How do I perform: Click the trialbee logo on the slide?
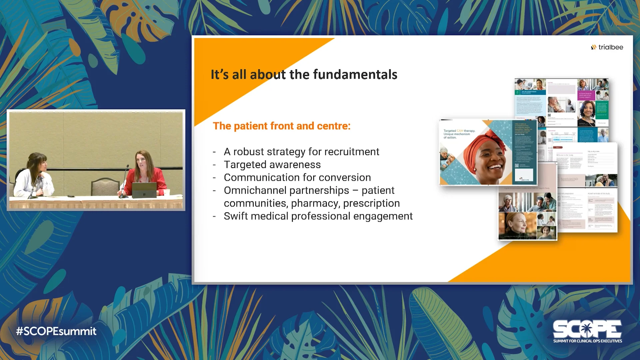point(607,47)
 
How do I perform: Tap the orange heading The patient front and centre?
point(282,126)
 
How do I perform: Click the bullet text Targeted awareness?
point(272,165)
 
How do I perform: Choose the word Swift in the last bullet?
point(236,216)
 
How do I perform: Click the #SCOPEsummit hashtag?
point(56,331)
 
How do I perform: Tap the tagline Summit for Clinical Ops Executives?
point(587,341)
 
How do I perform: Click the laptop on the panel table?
point(144,190)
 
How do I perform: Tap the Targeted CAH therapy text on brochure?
point(459,131)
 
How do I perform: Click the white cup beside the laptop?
point(167,192)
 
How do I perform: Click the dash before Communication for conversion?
point(214,178)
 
